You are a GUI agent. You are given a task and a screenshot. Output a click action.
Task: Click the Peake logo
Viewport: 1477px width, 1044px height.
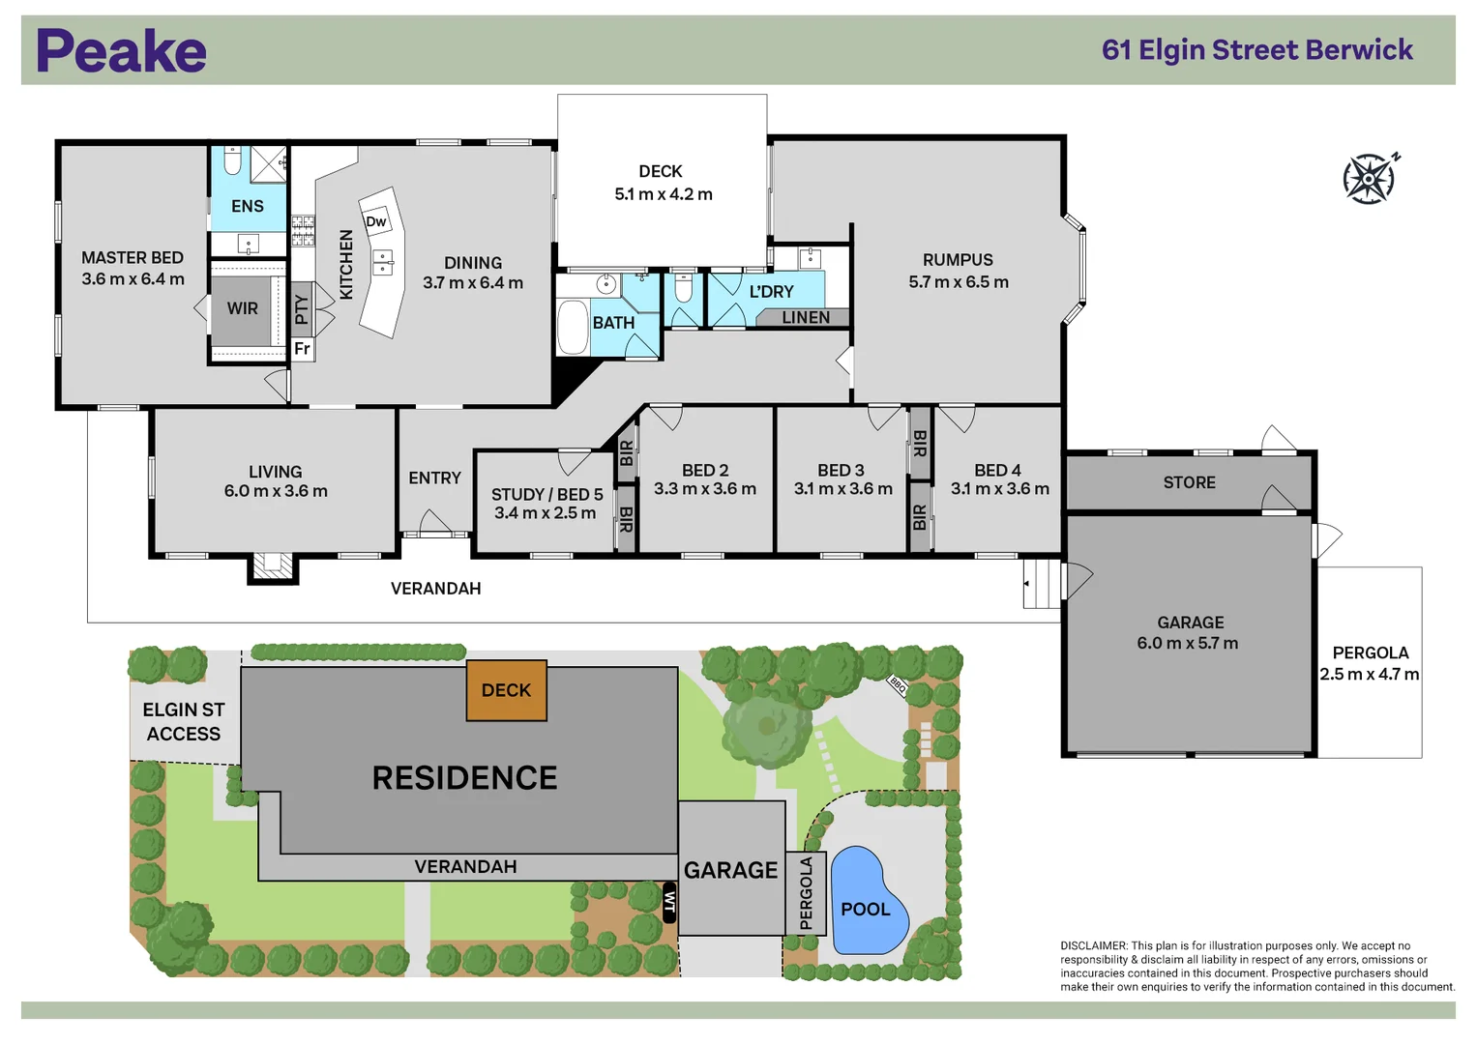(121, 51)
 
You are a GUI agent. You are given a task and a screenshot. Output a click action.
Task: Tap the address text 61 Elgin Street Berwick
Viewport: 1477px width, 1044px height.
(1256, 50)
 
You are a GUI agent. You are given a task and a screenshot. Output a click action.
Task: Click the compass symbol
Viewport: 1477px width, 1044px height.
(1370, 179)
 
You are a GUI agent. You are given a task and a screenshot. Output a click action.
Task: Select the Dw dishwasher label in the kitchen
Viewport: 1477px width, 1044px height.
(375, 221)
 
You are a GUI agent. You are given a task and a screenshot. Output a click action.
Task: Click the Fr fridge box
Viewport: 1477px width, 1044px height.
(302, 349)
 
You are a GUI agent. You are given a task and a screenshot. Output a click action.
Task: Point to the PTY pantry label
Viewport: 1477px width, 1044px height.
(301, 309)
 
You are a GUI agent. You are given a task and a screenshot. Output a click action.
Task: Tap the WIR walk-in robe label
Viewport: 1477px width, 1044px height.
(242, 308)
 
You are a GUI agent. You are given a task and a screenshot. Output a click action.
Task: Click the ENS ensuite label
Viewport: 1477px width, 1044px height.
(248, 206)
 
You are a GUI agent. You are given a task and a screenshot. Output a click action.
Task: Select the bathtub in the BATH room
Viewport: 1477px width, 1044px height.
(573, 328)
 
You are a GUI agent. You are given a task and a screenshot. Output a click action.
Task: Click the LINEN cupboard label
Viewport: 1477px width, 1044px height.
(805, 318)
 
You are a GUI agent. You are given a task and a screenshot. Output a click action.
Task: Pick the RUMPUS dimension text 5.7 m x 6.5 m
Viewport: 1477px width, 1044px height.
(958, 282)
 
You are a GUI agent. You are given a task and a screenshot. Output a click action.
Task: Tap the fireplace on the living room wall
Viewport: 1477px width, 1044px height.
(272, 565)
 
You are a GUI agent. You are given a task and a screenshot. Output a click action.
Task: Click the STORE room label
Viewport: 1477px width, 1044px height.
(1189, 482)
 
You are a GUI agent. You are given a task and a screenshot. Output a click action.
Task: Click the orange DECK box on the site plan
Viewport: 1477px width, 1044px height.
(506, 690)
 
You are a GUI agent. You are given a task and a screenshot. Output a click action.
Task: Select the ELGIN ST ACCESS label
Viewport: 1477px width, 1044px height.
(184, 722)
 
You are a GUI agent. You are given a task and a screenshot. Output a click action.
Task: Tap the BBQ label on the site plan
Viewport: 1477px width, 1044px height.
(898, 686)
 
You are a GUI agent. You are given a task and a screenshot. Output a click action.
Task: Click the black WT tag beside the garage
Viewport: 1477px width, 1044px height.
(668, 902)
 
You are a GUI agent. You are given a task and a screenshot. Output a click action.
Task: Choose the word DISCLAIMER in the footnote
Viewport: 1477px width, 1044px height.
(1093, 946)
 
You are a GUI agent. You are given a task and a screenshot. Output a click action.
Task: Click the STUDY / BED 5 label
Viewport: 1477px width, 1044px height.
(546, 494)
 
